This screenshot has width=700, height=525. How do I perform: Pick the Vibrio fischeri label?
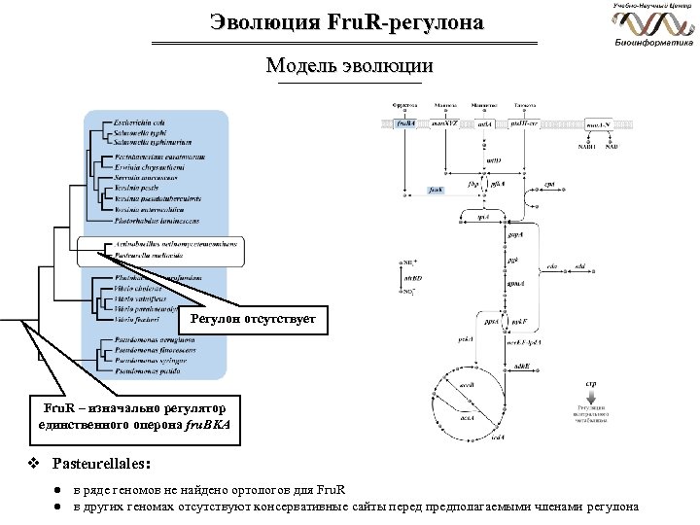(135, 318)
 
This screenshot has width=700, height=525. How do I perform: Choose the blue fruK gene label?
(437, 191)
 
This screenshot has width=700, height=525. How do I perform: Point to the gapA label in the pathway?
(512, 235)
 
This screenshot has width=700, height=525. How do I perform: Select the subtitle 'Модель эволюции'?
(349, 67)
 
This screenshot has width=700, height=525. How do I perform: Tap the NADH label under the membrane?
(585, 148)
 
